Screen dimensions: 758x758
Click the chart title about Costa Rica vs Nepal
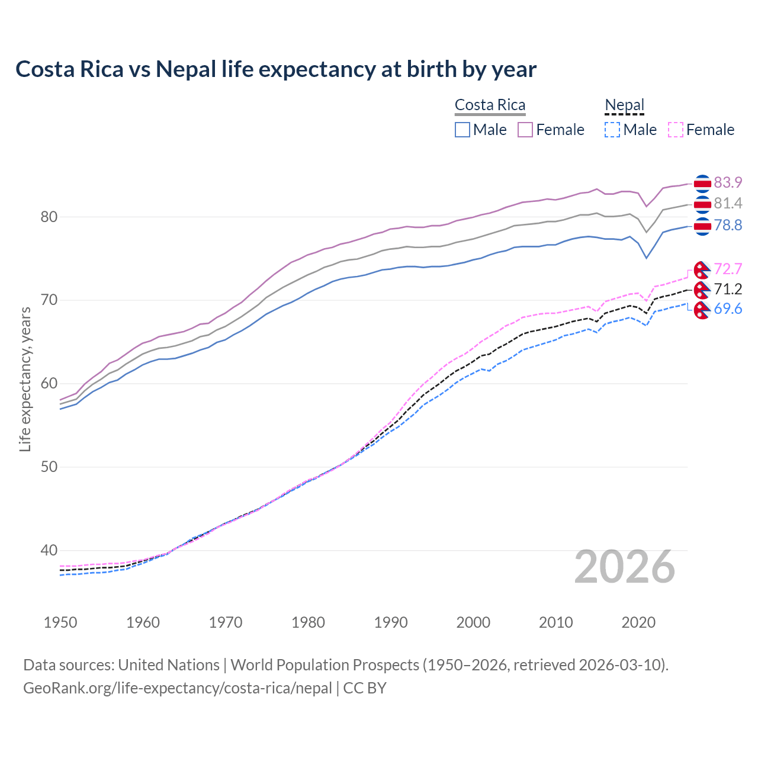tap(276, 69)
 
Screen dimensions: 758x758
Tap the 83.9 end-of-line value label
tap(728, 182)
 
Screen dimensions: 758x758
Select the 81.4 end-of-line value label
tap(728, 204)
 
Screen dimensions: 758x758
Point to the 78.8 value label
tap(728, 226)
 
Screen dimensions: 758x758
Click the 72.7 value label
tap(728, 269)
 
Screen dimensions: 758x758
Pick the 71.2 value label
tap(728, 290)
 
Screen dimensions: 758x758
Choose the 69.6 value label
tap(728, 309)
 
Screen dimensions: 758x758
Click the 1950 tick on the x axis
tap(60, 622)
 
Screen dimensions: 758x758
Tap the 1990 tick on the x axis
tap(391, 622)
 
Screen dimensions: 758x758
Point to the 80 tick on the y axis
tap(49, 217)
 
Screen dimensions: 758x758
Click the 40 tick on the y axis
tap(49, 551)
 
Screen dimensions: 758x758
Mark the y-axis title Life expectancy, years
tap(25, 379)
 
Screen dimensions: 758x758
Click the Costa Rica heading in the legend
tap(490, 105)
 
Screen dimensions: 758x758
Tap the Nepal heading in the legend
tap(624, 105)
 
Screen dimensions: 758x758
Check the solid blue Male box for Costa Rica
tap(462, 130)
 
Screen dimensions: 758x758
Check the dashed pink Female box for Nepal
tap(676, 130)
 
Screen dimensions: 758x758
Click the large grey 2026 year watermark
tap(624, 567)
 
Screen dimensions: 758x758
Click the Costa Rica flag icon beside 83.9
tap(702, 184)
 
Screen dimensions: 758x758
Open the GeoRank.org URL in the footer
tap(178, 688)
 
